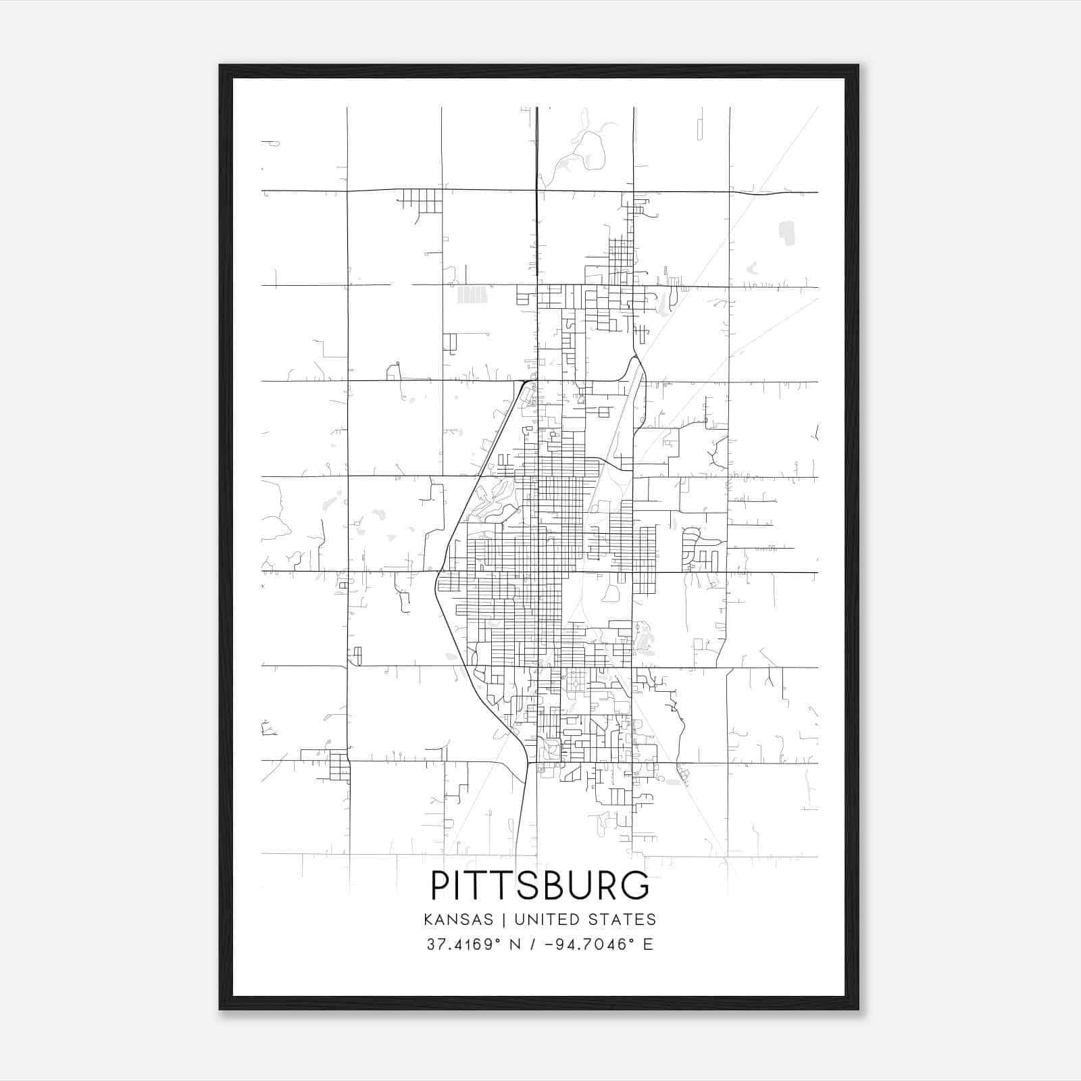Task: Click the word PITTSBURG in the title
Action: click(540, 885)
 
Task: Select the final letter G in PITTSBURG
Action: click(636, 885)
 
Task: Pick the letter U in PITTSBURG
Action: click(584, 885)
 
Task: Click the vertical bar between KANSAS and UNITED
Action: click(507, 920)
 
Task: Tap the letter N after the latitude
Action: click(514, 945)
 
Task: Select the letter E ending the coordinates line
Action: click(648, 945)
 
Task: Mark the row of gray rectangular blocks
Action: click(472, 295)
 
